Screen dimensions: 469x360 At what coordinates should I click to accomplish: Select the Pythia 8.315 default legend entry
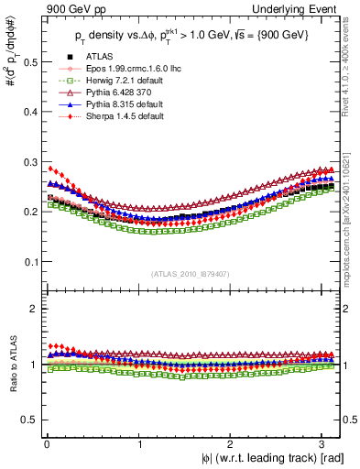point(115,104)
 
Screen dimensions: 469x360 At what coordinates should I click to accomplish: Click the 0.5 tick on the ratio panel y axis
point(27,420)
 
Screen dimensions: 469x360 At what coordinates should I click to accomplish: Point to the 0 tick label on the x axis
point(46,443)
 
